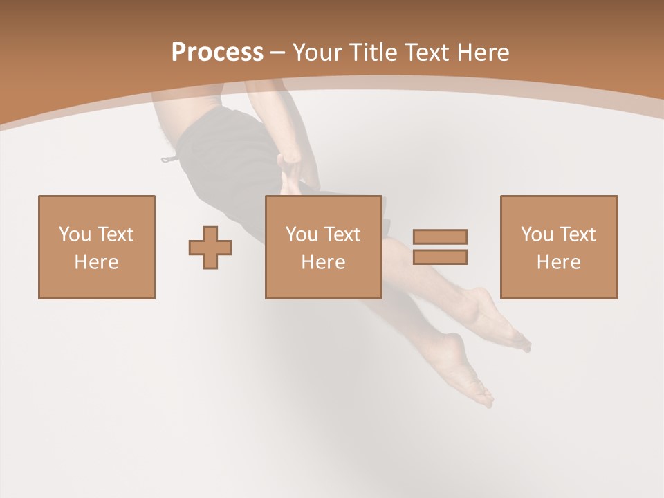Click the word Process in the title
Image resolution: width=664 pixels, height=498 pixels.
tap(217, 53)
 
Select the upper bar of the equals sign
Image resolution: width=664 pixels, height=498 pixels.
tap(440, 237)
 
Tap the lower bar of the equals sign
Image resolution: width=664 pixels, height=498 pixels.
tap(440, 257)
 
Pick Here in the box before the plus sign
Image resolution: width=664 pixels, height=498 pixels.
tap(96, 262)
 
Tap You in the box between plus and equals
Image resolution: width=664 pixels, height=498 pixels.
tap(302, 234)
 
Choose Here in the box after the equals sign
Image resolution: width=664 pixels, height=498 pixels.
tap(558, 262)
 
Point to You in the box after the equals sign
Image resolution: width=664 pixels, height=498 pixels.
tap(537, 234)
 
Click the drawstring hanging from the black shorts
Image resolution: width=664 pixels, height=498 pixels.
tap(169, 159)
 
